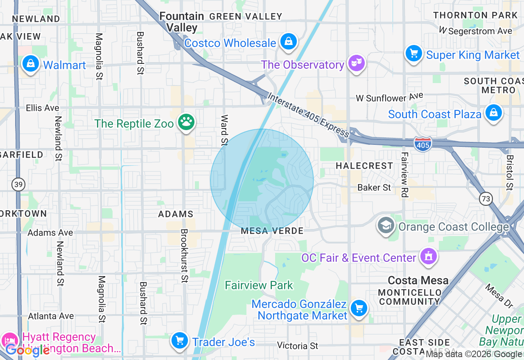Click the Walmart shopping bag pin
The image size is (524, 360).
point(30,64)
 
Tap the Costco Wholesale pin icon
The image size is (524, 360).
point(289,41)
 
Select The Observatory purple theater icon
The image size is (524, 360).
point(357,63)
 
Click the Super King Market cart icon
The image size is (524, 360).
point(413,54)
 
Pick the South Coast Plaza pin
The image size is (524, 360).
point(493,113)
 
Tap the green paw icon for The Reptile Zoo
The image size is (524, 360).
point(186,122)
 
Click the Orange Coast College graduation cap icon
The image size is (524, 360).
point(386,225)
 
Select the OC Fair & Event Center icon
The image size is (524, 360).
point(428,257)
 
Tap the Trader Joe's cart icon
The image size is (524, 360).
point(179,340)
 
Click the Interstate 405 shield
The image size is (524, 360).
point(422,144)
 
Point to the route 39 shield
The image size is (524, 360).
point(18,184)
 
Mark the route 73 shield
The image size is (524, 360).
point(486,199)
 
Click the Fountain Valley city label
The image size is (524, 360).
point(182,22)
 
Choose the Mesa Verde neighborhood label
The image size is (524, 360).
point(272,231)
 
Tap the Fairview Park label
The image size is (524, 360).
point(259,285)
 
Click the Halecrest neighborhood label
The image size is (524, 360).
point(364,166)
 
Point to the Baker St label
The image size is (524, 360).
point(374,187)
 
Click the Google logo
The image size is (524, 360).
point(27,350)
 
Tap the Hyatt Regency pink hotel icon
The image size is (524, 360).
point(10,340)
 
